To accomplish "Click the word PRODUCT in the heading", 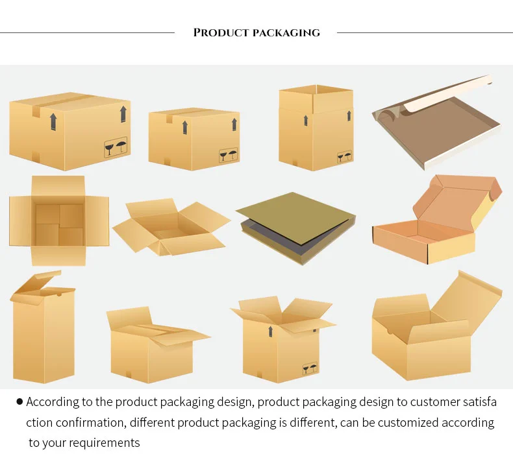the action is point(221,32).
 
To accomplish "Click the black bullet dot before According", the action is point(19,402).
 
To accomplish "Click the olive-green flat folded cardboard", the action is point(295,221).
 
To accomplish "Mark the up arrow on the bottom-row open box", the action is point(270,331).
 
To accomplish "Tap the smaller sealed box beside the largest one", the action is point(194,137).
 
